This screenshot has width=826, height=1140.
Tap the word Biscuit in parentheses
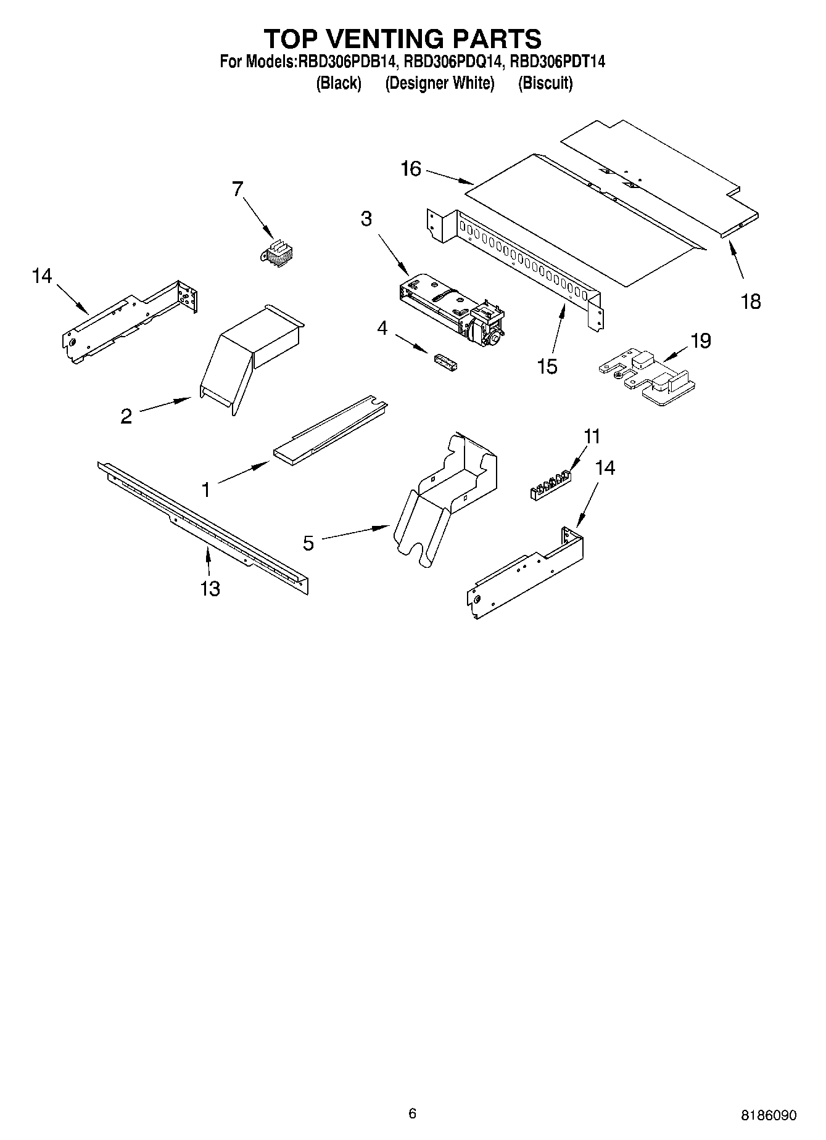click(x=545, y=83)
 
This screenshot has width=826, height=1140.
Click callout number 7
click(x=237, y=189)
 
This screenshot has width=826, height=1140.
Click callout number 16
click(x=410, y=168)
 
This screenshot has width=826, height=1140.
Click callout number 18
click(x=751, y=301)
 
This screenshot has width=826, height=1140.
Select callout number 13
click(x=210, y=588)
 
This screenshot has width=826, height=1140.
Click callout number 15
click(x=547, y=366)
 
